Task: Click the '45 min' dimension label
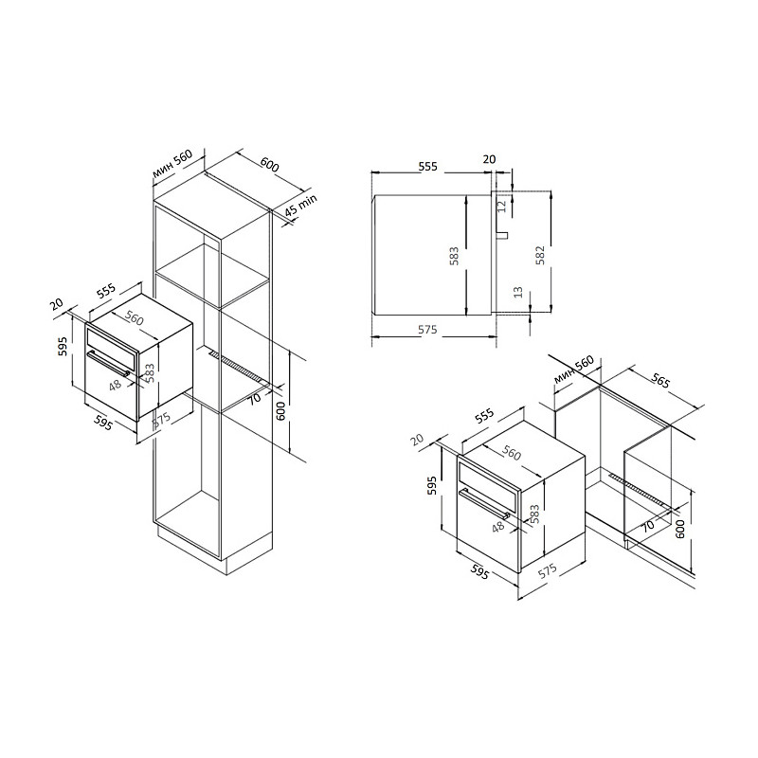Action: [x=300, y=205]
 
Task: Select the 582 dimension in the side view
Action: [x=540, y=255]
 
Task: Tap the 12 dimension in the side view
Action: [x=501, y=206]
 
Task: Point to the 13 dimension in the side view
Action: [x=518, y=292]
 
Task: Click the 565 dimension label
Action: [x=660, y=381]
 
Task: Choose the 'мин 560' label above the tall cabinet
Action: [x=172, y=163]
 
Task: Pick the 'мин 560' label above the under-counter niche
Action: [x=574, y=370]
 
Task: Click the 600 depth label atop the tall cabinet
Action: [x=269, y=164]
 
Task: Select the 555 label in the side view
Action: [x=428, y=167]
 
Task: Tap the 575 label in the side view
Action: [x=427, y=329]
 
